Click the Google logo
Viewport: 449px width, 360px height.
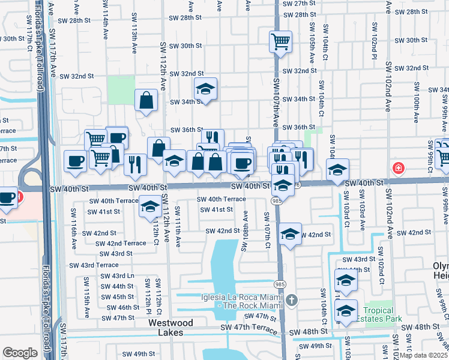[20, 353]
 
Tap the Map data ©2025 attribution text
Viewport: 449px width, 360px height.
[423, 355]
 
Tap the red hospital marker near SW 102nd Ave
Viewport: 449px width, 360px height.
[397, 169]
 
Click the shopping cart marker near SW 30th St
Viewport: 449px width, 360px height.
[280, 43]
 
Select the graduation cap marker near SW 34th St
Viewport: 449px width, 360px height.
[205, 89]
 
